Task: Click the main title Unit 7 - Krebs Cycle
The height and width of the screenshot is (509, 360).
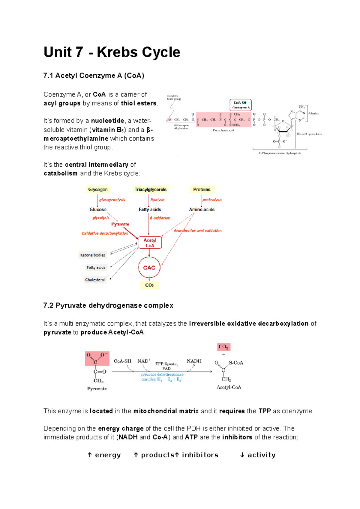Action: point(112,52)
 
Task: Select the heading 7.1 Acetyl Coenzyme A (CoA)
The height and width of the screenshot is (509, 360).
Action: point(94,76)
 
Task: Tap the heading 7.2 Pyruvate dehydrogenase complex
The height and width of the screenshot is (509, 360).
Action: point(108,305)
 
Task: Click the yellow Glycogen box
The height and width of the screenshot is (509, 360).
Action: point(98,189)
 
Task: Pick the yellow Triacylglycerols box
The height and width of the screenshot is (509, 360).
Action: point(150,189)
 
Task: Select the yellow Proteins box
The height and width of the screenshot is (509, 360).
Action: point(202,189)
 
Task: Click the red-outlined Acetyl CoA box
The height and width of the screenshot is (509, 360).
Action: point(150,243)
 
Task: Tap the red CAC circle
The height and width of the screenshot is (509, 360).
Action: point(149,267)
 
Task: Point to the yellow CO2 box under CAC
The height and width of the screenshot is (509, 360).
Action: point(149,285)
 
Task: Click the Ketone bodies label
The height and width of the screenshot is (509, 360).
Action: point(92,255)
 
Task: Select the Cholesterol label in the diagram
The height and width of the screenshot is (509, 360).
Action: point(95,280)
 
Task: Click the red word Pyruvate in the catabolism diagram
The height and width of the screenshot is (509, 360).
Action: point(120,224)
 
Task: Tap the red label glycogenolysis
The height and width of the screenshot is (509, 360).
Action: point(112,200)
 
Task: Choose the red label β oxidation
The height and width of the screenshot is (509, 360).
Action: point(160,218)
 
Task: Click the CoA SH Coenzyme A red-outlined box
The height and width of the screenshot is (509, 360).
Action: point(240,105)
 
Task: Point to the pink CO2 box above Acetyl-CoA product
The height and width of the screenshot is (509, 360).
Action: point(223,347)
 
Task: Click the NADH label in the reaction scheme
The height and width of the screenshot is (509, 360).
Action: point(194,361)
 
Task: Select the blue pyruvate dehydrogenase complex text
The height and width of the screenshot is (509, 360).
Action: point(162,377)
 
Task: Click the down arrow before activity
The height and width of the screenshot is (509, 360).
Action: point(242,455)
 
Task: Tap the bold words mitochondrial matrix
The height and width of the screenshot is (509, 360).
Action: point(166,411)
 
